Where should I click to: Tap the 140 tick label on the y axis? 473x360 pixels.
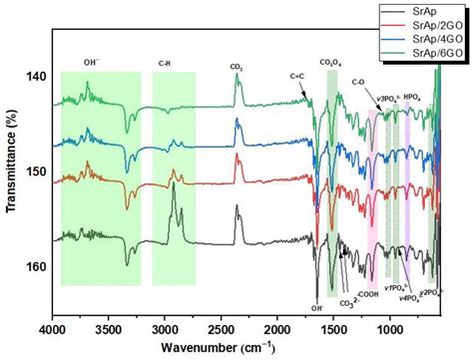coord(34,76)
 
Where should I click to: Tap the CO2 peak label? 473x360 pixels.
coord(236,68)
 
